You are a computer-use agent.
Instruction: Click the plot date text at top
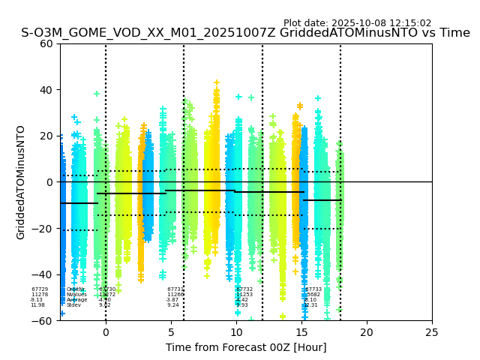pos(357,23)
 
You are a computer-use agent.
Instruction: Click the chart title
pos(245,33)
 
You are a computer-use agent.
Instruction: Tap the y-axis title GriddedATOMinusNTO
pos(21,182)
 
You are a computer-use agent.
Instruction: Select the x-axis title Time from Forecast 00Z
pos(246,347)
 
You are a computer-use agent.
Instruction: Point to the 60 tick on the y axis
pos(46,43)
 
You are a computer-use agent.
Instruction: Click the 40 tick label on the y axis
pos(46,90)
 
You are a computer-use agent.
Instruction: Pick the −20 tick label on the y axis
pos(43,229)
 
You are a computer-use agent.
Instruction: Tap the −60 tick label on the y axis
pos(43,321)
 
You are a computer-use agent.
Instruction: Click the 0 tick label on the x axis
pos(106,332)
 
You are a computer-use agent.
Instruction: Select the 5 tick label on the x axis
pos(171,332)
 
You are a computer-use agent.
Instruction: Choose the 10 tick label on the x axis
pos(236,332)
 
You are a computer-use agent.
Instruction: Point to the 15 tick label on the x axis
pos(301,332)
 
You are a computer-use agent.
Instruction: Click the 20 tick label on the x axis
pos(367,332)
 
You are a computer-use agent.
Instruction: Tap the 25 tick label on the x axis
pos(432,332)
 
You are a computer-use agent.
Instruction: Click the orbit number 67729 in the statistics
pos(39,289)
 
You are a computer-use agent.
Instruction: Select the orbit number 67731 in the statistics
pos(175,289)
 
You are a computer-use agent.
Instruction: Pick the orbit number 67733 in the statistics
pos(313,289)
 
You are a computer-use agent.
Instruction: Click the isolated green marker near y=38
pos(97,94)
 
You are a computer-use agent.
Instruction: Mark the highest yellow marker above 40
pos(217,82)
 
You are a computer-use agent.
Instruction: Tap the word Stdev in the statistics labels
pos(73,305)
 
